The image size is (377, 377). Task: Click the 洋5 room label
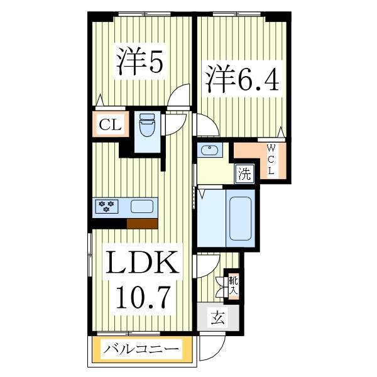click(x=139, y=62)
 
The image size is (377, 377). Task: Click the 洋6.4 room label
click(x=239, y=79)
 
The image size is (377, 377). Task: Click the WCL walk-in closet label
click(x=271, y=160)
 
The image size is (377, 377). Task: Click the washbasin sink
click(x=208, y=151)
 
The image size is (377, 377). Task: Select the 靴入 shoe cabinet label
click(x=233, y=287)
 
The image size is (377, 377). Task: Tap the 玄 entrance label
click(x=217, y=318)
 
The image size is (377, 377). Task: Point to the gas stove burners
click(x=107, y=205)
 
